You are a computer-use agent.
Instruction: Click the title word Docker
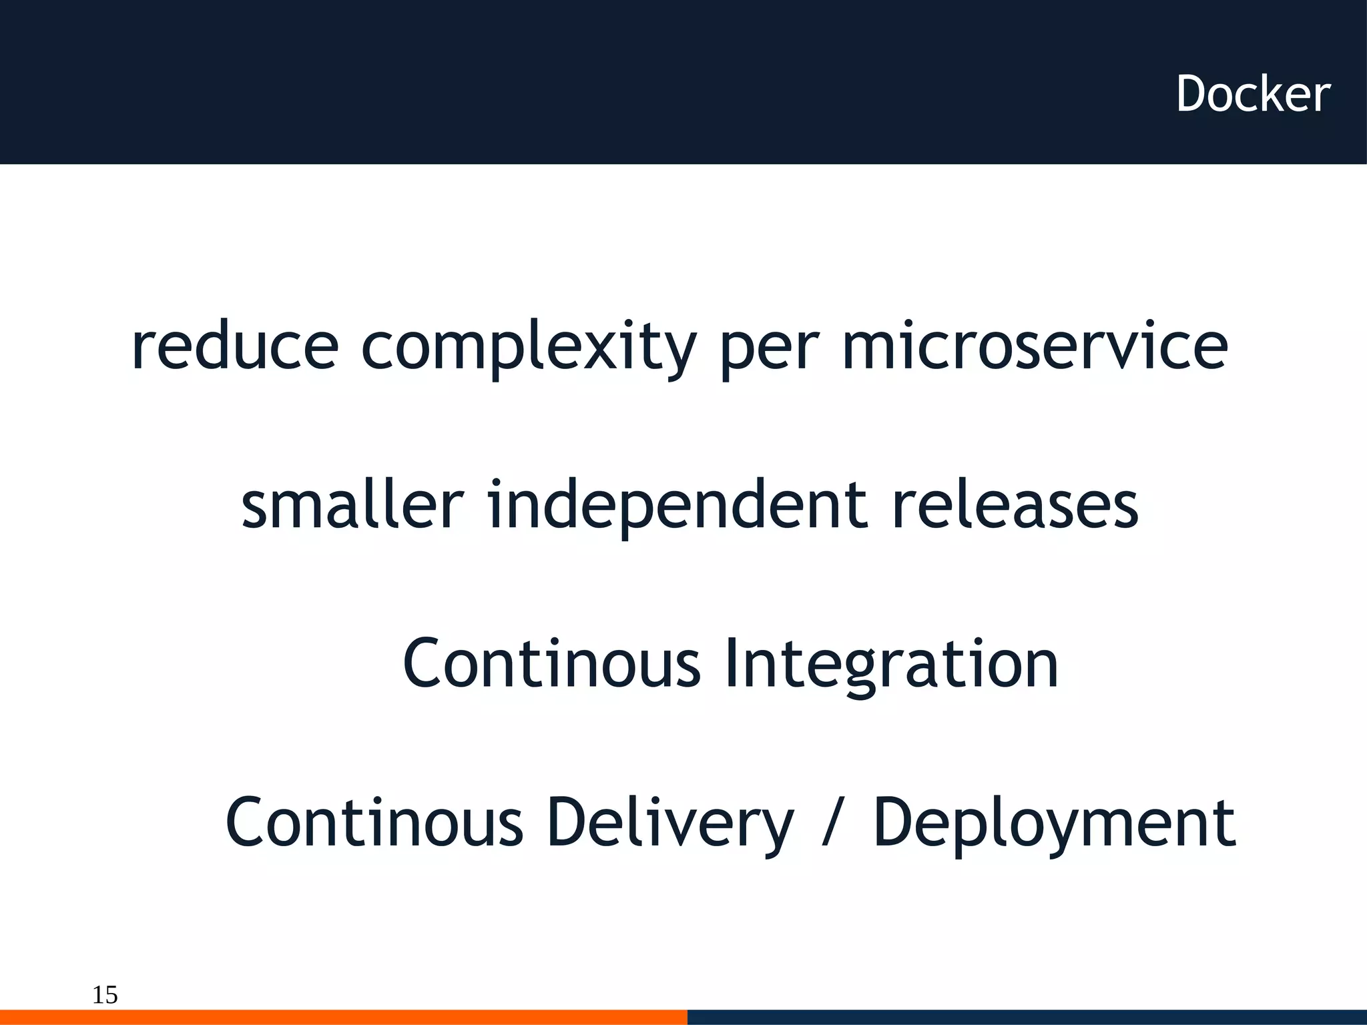(1253, 94)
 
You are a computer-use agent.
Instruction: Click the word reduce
(235, 346)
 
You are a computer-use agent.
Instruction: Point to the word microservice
(1035, 346)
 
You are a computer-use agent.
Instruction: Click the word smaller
(352, 505)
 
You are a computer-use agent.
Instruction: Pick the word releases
(1015, 505)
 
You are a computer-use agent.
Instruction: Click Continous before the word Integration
(551, 663)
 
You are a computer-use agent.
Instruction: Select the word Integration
(891, 665)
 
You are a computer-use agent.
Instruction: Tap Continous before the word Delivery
(374, 822)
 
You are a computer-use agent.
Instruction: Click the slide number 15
(105, 995)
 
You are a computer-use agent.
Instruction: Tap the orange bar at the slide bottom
(343, 1017)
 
